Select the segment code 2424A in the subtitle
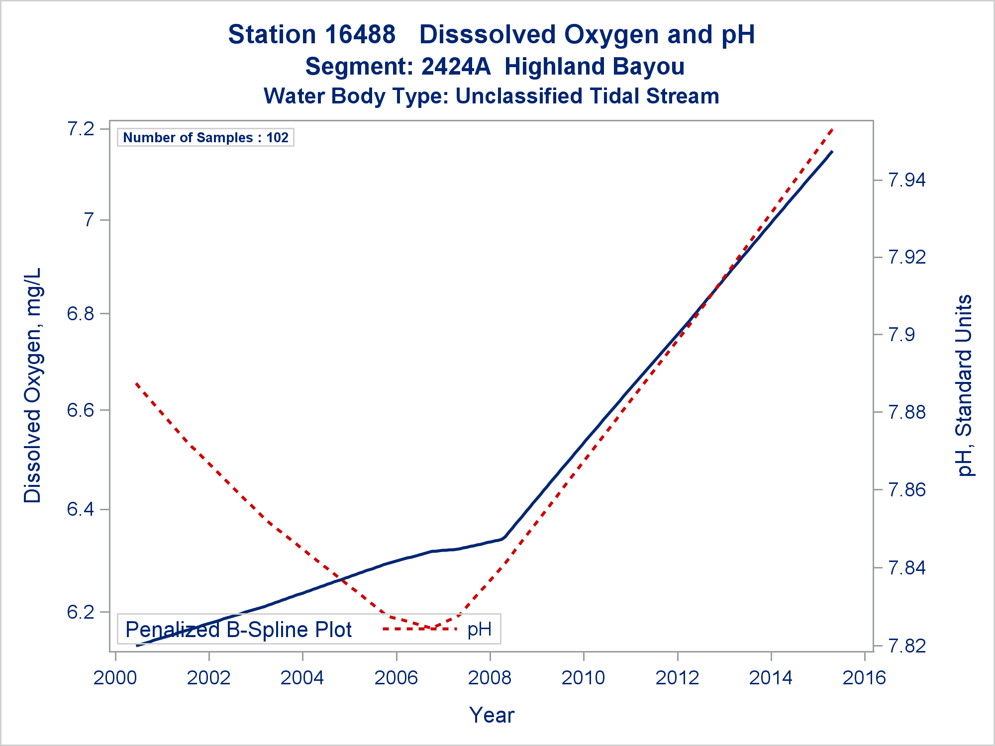(456, 67)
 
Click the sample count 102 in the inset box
(277, 138)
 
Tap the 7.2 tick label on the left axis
(81, 129)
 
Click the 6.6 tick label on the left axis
(81, 410)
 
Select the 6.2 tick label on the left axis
(81, 612)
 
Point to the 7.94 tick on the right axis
(906, 180)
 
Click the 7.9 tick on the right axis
(901, 335)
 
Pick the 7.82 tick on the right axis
(906, 646)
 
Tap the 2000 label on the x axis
(115, 678)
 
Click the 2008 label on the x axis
(490, 678)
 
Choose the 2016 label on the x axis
(864, 678)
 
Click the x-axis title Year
(492, 715)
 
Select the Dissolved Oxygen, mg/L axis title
(33, 385)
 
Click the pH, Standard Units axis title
(964, 385)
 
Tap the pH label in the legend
(480, 630)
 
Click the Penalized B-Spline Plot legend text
(239, 630)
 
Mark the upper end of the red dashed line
(832, 129)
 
